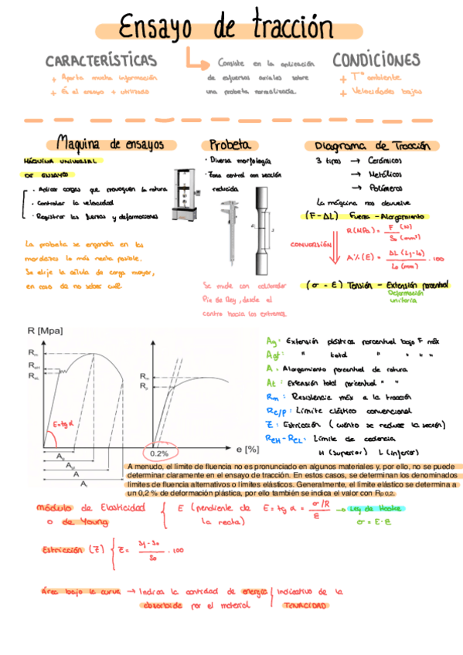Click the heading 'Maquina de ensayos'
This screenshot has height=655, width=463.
[111, 144]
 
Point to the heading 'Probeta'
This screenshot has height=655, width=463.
[229, 144]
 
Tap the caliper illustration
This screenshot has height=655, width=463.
[229, 231]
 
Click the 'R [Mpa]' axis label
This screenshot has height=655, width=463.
[46, 331]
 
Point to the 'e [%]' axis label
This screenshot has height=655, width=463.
[247, 447]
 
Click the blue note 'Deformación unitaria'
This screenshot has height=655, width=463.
[405, 297]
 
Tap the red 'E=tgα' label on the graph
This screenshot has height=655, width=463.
[63, 424]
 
